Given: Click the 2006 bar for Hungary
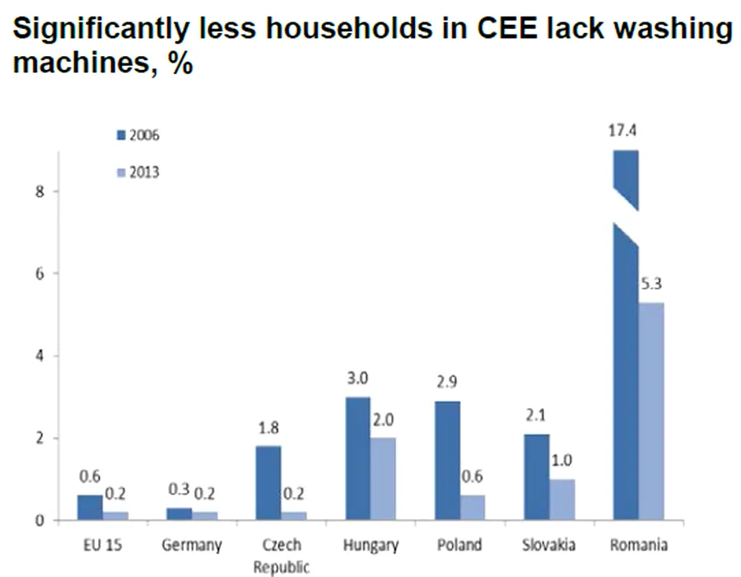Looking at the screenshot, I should pyautogui.click(x=357, y=458).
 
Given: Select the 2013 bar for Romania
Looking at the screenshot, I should pyautogui.click(x=651, y=411).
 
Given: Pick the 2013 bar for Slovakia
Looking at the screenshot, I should pyautogui.click(x=562, y=500).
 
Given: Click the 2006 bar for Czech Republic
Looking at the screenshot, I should pyautogui.click(x=268, y=483).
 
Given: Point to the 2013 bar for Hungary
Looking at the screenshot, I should pyautogui.click(x=383, y=479).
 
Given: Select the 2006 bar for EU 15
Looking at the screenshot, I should pyautogui.click(x=90, y=508).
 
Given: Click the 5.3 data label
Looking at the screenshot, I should pyautogui.click(x=651, y=284).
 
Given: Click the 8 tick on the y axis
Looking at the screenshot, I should pyautogui.click(x=37, y=191).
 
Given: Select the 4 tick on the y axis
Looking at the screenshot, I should pyautogui.click(x=37, y=356).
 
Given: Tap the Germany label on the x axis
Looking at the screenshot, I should pyautogui.click(x=192, y=545).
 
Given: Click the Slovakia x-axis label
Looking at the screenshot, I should pyautogui.click(x=548, y=545).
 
